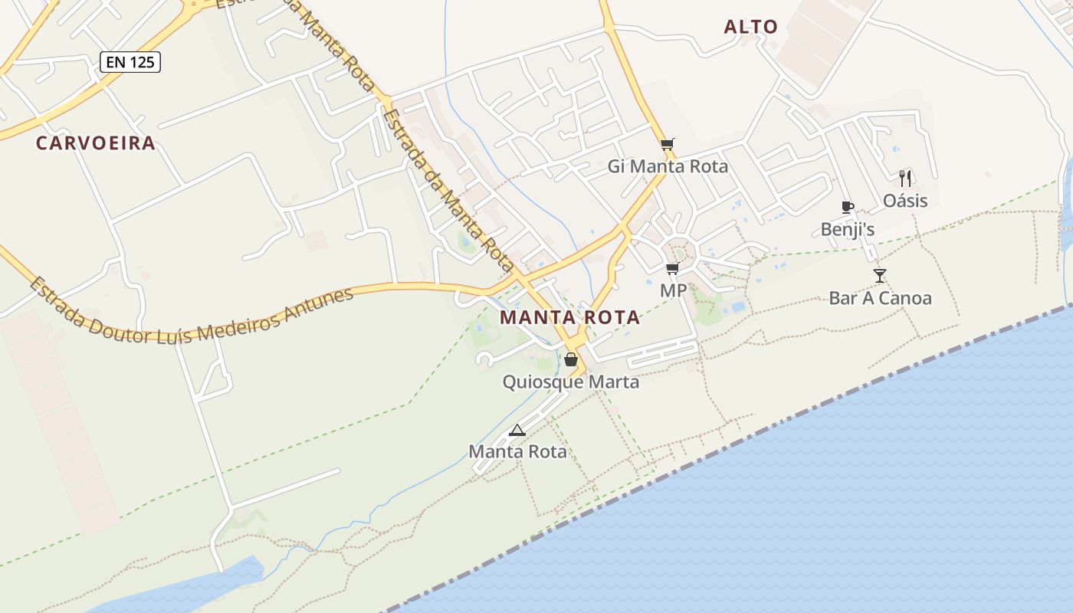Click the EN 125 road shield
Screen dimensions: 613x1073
[130, 62]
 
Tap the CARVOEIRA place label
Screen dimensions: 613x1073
[96, 143]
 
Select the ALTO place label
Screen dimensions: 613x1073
[751, 27]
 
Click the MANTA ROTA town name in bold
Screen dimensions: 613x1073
[569, 317]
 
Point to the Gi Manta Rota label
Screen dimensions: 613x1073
[668, 166]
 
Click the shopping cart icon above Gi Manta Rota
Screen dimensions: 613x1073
[668, 144]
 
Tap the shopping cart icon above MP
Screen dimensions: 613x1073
[673, 268]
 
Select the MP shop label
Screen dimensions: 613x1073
[673, 291]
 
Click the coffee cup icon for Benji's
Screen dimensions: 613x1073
[847, 207]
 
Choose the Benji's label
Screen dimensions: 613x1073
[848, 229]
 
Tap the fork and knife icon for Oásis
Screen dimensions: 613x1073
[905, 179]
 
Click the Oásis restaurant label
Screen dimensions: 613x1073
[905, 201]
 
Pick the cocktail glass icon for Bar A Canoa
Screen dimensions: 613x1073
[880, 276]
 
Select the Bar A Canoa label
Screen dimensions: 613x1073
[880, 298]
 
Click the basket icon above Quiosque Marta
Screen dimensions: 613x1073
[571, 359]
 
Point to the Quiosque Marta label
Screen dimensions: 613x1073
[570, 382]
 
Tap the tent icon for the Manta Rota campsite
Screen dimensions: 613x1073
[517, 430]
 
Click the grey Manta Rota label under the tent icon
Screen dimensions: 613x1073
[517, 451]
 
